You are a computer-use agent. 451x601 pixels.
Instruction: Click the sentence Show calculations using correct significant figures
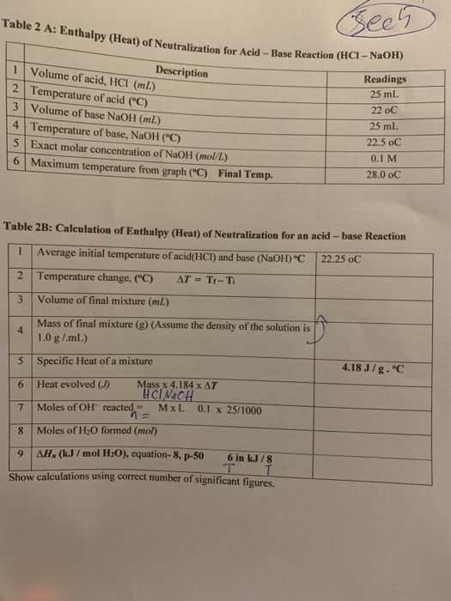pos(143,477)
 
